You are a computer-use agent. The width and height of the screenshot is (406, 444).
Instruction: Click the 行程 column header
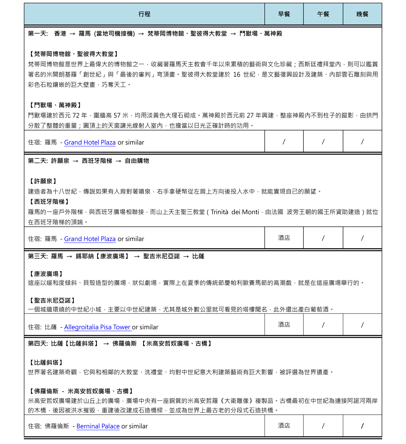tap(144, 14)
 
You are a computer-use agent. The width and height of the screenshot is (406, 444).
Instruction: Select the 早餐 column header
tap(284, 14)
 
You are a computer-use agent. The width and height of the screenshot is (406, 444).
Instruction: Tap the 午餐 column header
tap(323, 14)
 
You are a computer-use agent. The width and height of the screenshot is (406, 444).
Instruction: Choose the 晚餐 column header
tap(362, 14)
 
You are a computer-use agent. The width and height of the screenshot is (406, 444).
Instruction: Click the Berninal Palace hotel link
tap(98, 426)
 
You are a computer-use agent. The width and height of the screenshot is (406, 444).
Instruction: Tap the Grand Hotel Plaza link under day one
tap(90, 142)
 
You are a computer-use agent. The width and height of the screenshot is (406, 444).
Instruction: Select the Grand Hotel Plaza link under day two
tap(90, 239)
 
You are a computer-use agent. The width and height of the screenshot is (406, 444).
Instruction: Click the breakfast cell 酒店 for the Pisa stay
tap(284, 325)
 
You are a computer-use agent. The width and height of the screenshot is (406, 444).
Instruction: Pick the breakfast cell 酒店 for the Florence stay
tap(284, 426)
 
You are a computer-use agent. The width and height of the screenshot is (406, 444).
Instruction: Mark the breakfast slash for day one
tap(284, 142)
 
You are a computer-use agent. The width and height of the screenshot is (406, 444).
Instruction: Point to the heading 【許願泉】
tap(43, 181)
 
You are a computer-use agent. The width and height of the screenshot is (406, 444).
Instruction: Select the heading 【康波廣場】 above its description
tap(46, 274)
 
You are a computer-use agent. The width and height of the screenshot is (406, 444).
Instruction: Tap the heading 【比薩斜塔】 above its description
tap(46, 362)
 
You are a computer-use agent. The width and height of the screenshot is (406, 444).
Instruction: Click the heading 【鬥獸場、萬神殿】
tap(55, 105)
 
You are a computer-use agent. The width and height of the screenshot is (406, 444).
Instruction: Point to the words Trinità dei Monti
tap(235, 212)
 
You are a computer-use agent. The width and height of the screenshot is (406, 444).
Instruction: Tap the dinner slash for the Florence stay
tap(362, 426)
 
